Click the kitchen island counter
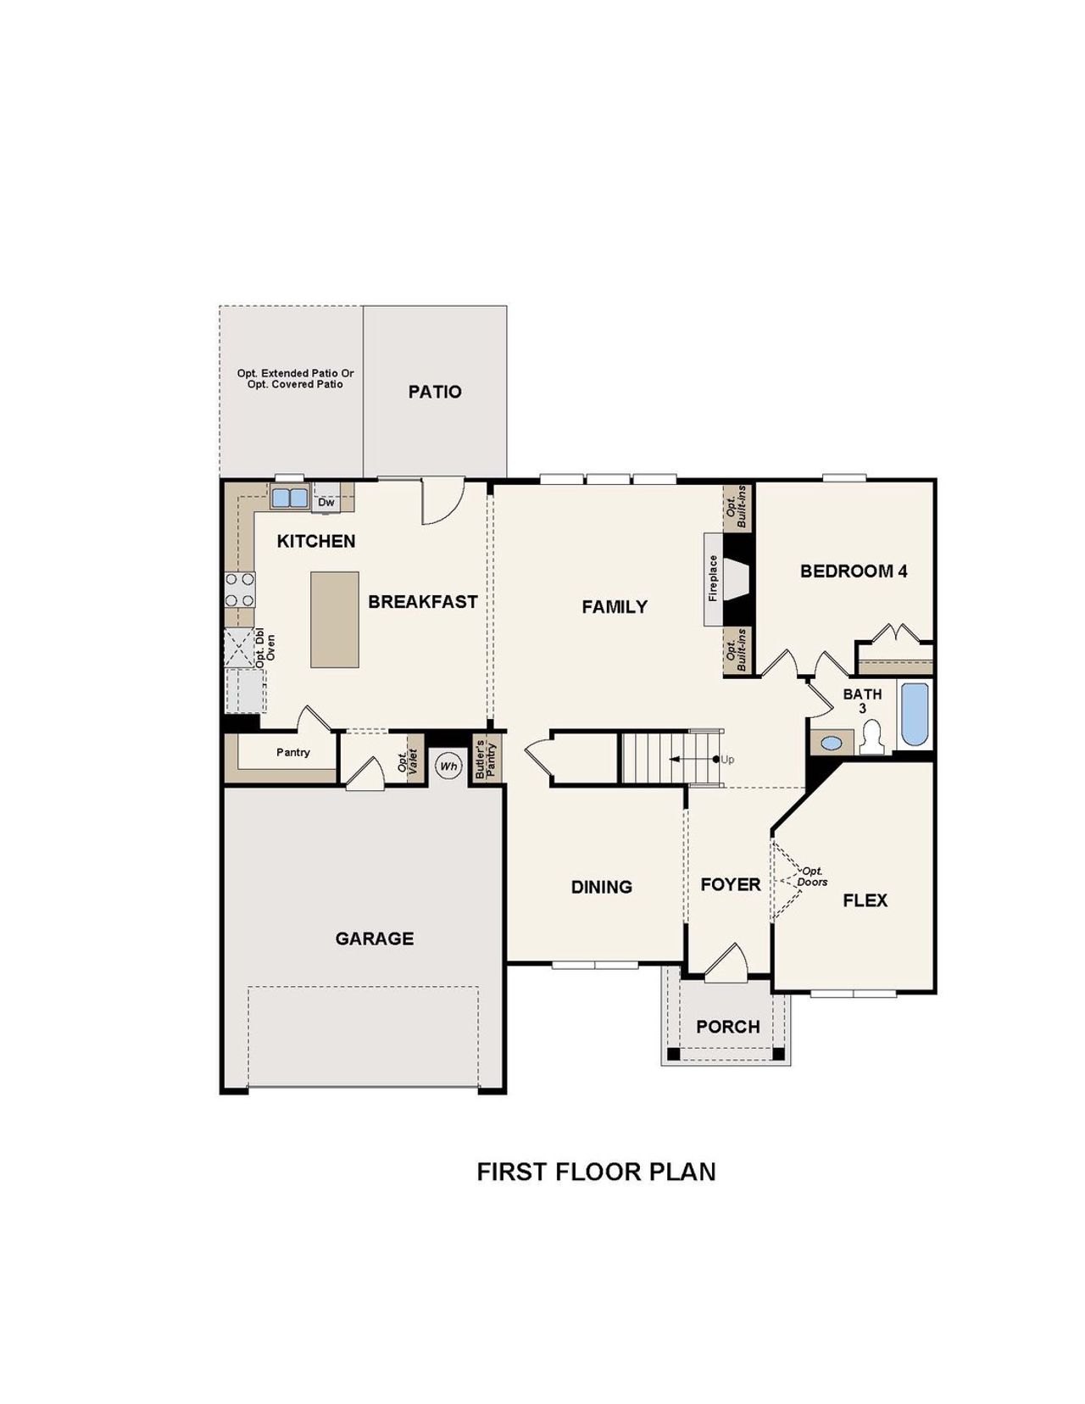[334, 619]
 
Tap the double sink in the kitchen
[290, 497]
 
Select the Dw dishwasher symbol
[326, 503]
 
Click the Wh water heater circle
[448, 766]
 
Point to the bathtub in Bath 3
[915, 714]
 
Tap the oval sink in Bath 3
[833, 744]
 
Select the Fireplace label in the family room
[713, 578]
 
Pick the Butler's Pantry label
[485, 759]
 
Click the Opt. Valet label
[409, 760]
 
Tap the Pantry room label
[293, 752]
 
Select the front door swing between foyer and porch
[727, 965]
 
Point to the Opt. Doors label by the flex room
[812, 877]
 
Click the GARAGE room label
[375, 939]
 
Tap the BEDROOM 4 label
[854, 571]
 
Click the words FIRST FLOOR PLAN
[596, 1172]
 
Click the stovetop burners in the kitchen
[240, 589]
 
